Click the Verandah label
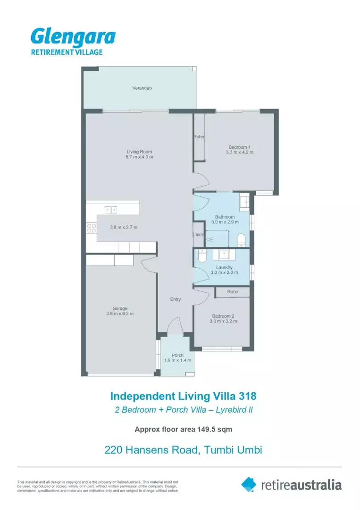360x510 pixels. tap(142, 88)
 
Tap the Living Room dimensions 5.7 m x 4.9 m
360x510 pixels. tap(140, 157)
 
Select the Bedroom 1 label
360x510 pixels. tap(239, 147)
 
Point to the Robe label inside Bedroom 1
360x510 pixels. tap(198, 137)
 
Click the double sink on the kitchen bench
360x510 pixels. tap(111, 209)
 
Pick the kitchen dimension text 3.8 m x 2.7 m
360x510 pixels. tap(124, 227)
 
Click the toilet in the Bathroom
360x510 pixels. tap(241, 239)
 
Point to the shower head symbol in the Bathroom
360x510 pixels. tap(209, 239)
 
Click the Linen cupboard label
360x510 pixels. tap(198, 235)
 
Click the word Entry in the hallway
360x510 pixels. tap(176, 299)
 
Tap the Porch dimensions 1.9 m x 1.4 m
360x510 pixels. tap(177, 360)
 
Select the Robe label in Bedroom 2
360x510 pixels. tap(233, 292)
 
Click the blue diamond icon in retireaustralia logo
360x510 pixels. tap(249, 484)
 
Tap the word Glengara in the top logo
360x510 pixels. tap(73, 37)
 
